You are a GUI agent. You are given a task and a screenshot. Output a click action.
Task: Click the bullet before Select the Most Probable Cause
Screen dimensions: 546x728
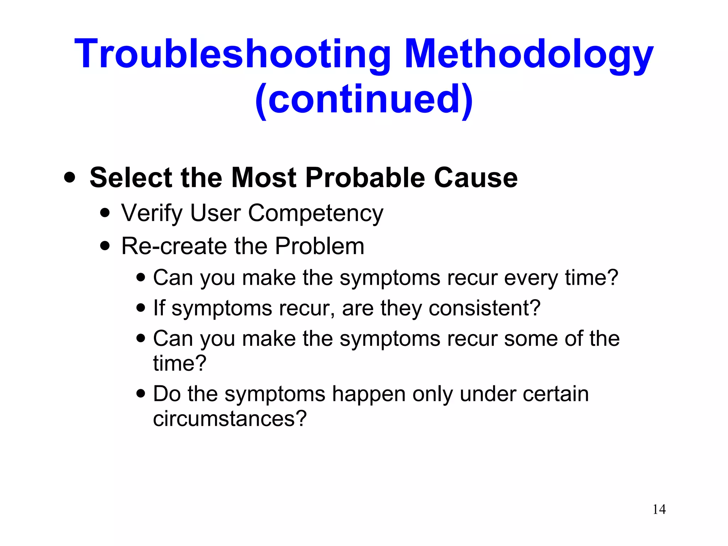pos(70,177)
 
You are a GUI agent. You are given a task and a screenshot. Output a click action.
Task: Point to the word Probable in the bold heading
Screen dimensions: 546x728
pos(365,177)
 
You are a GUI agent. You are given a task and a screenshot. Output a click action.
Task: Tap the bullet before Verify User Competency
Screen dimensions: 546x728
pos(105,213)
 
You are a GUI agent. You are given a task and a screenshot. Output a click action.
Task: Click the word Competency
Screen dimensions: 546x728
pos(316,213)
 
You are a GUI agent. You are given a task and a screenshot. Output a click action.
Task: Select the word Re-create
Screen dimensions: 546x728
pos(174,246)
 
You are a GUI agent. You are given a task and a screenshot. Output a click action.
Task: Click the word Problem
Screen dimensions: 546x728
pos(320,246)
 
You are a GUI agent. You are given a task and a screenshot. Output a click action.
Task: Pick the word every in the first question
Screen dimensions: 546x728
pos(531,278)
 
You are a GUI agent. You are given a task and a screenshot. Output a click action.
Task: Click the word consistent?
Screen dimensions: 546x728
pos(485,308)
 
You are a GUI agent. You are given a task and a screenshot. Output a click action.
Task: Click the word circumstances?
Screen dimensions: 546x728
pos(230,418)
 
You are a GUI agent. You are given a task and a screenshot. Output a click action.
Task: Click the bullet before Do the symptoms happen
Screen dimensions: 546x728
pos(141,394)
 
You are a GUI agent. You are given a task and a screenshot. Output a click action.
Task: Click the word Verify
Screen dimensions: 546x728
pos(152,213)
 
